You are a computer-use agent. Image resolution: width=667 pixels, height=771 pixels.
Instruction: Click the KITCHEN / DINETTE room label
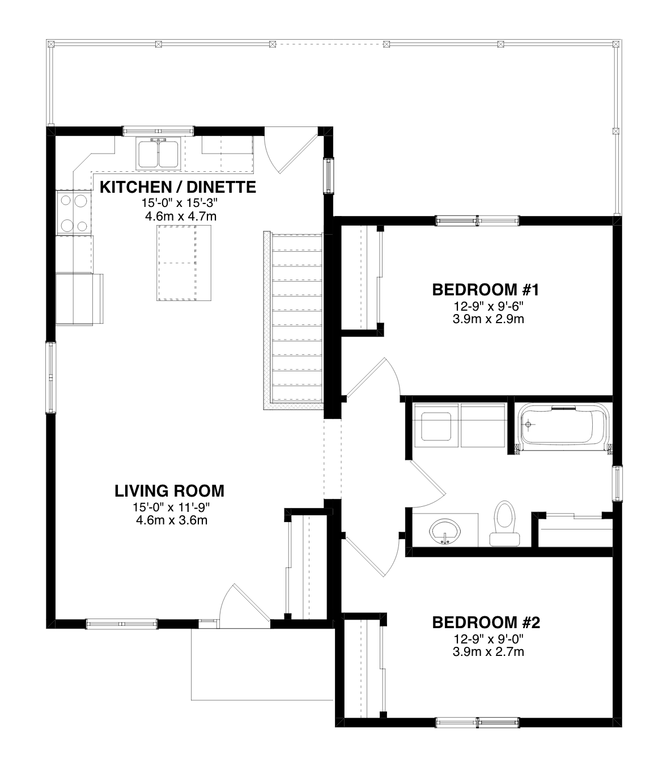pyautogui.click(x=178, y=187)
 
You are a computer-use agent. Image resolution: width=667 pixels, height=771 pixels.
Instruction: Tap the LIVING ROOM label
pyautogui.click(x=169, y=491)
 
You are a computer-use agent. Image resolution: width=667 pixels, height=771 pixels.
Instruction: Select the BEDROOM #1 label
pyautogui.click(x=486, y=290)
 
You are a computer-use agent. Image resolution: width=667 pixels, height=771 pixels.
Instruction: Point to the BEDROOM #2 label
pyautogui.click(x=486, y=622)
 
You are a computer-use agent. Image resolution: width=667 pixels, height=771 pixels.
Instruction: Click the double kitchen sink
pyautogui.click(x=159, y=153)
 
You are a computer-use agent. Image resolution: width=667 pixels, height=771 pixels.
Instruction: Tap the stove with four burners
pyautogui.click(x=74, y=213)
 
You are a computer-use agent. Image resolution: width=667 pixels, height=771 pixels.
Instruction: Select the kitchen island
pyautogui.click(x=184, y=263)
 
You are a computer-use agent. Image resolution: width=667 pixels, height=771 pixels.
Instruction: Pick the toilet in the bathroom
pyautogui.click(x=504, y=524)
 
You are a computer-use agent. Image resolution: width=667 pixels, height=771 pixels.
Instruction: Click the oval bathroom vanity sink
pyautogui.click(x=445, y=531)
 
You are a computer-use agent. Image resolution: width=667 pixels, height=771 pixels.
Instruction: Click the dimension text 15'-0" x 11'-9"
pyautogui.click(x=172, y=507)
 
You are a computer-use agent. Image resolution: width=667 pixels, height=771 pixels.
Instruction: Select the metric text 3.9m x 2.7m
pyautogui.click(x=488, y=651)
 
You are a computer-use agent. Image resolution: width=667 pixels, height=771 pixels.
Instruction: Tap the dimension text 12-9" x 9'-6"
pyautogui.click(x=488, y=306)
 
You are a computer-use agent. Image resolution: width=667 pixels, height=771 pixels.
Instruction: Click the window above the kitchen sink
pyautogui.click(x=159, y=131)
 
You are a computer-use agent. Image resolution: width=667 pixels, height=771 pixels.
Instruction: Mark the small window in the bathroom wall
pyautogui.click(x=617, y=483)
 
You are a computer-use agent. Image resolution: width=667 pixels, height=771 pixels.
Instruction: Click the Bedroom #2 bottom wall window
pyautogui.click(x=477, y=722)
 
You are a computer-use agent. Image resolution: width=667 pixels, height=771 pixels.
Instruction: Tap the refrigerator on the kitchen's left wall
pyautogui.click(x=79, y=299)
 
